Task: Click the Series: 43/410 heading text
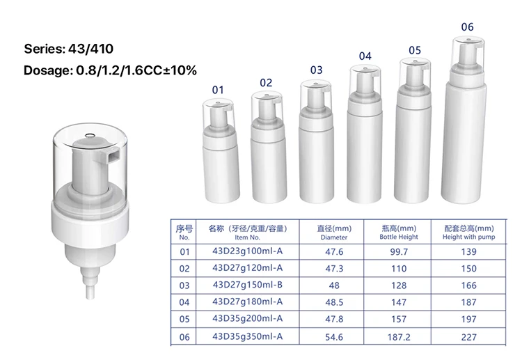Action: (x=68, y=49)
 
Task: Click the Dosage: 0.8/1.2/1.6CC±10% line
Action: (x=110, y=70)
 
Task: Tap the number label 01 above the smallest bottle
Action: (x=218, y=90)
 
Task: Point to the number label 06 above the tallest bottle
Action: (x=467, y=27)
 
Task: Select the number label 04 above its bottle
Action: (x=365, y=56)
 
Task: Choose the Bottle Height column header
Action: (x=399, y=232)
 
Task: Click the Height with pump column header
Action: (x=468, y=232)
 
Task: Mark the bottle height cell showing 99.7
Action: (x=399, y=251)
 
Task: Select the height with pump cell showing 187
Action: (x=468, y=302)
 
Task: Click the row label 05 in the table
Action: (x=184, y=319)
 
